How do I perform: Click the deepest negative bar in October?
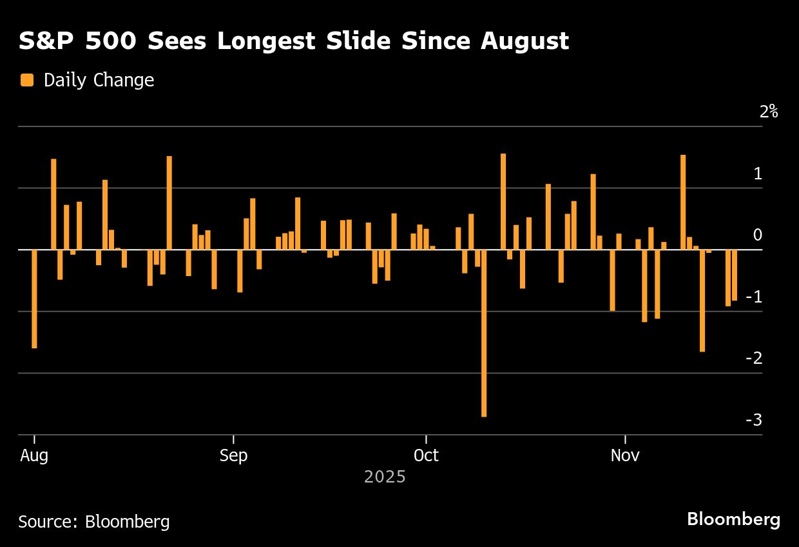coord(484,333)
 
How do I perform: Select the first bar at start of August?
coord(34,299)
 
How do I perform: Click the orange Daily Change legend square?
coord(27,80)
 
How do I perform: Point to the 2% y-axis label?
coord(769,112)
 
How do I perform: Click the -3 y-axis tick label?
coord(754,420)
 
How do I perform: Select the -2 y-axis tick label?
coord(754,358)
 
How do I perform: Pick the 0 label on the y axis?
coord(758,235)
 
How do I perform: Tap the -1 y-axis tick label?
coord(754,297)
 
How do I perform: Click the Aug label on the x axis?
coord(34,455)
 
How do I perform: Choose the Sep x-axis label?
coord(233,455)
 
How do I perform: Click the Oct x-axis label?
coord(426,455)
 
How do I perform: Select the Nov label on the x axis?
coord(625,455)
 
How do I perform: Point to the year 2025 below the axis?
coord(385,477)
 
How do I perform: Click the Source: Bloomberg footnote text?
coord(94,521)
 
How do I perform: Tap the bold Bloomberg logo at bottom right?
coord(733,519)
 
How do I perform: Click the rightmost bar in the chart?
coord(735,275)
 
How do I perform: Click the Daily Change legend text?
coord(99,80)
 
